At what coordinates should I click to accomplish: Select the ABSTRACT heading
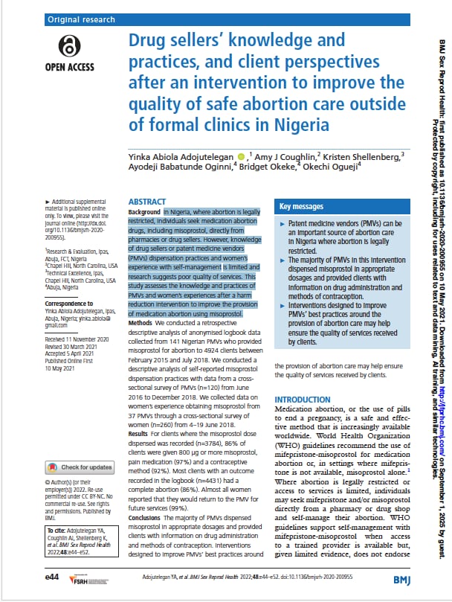pyautogui.click(x=146, y=202)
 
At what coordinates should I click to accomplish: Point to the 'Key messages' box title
pyautogui.click(x=302, y=206)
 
